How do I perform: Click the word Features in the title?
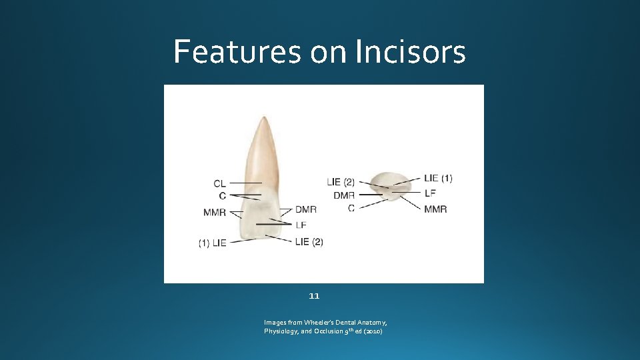tap(237, 51)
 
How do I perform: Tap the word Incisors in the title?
tap(410, 51)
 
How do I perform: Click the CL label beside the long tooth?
tap(220, 183)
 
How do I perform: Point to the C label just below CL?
tap(222, 196)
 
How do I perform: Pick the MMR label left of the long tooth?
tap(215, 213)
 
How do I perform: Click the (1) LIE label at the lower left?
tap(212, 243)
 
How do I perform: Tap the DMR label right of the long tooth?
tap(306, 209)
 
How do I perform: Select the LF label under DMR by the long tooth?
tap(301, 225)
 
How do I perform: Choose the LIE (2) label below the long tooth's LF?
tap(309, 241)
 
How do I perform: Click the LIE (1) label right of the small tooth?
tap(438, 178)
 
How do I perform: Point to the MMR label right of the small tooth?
tap(435, 209)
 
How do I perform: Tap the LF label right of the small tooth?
tap(430, 193)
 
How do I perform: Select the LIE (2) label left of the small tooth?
tap(341, 181)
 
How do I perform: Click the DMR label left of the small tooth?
tap(344, 195)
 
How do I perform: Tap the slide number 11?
tap(315, 295)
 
